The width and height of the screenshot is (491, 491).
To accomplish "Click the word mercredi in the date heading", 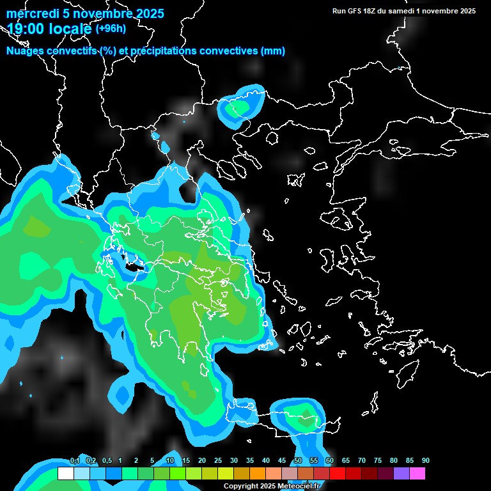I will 33,14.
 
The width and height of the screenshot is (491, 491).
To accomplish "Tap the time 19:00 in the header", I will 28,29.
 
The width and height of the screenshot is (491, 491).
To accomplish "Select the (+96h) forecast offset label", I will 111,29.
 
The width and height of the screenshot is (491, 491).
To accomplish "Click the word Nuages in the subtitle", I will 26,51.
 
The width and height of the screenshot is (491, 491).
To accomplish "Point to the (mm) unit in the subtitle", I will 273,51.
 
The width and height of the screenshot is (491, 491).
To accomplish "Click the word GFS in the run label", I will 358,11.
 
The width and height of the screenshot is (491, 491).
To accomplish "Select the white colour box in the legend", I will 65,474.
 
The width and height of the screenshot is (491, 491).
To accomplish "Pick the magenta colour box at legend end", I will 417,474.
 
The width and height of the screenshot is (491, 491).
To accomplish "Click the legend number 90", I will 426,461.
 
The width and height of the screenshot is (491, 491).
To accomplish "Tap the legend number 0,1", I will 75,461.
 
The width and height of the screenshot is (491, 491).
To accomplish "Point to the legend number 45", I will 282,461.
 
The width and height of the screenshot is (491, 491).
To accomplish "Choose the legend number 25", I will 218,461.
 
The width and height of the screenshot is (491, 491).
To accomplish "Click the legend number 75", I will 378,461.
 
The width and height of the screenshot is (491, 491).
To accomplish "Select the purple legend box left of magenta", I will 401,474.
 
